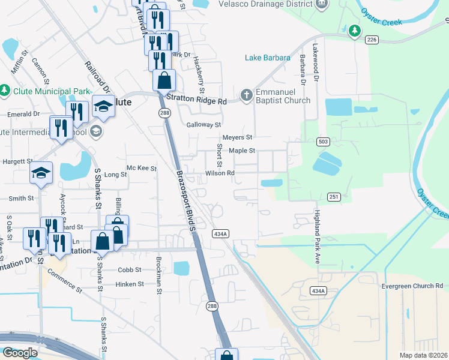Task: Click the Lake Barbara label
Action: tap(267, 58)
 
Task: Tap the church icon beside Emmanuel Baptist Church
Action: tap(246, 95)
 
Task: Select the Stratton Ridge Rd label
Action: tap(196, 101)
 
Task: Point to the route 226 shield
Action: tap(372, 39)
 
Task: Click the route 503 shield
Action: tap(324, 141)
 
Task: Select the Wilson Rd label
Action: tap(220, 173)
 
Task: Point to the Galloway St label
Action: tap(204, 125)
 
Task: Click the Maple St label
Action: tap(242, 151)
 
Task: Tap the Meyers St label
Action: tap(237, 137)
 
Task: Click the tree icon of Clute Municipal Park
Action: tap(5, 91)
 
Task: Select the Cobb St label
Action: tap(129, 270)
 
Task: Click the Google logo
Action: tap(19, 353)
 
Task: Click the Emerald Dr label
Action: tap(23, 113)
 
